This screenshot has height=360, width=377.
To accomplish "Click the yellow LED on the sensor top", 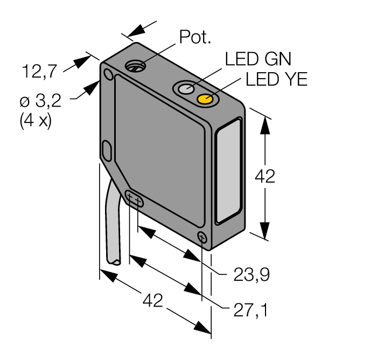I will [x=205, y=99].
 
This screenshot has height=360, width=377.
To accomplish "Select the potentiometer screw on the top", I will [x=135, y=67].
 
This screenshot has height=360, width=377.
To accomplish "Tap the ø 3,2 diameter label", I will [x=40, y=100].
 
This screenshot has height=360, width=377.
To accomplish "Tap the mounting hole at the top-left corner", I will [x=109, y=74].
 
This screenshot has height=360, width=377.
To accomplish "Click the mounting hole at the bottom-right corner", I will [x=202, y=237].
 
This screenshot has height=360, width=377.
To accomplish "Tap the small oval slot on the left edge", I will [x=106, y=150].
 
